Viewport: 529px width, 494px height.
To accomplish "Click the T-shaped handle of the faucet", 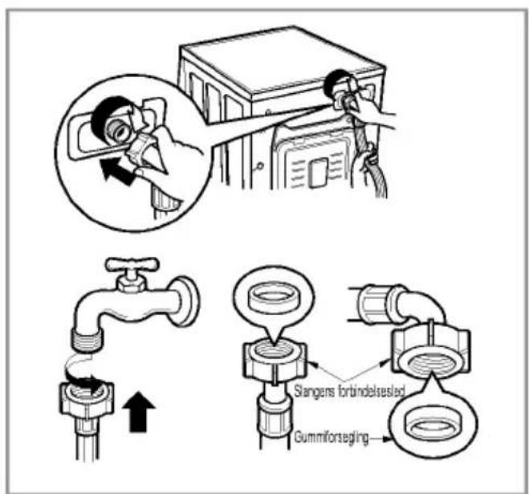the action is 132,264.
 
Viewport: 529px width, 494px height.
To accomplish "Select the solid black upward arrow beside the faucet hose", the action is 139,411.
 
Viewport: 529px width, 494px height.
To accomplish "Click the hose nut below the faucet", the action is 87,398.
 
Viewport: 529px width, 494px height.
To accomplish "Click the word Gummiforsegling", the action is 331,437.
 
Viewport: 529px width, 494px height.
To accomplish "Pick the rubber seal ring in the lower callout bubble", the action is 433,427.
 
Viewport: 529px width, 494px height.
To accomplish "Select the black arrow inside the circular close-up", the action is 116,170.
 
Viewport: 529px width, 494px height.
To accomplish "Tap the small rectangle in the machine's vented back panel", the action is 318,172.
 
